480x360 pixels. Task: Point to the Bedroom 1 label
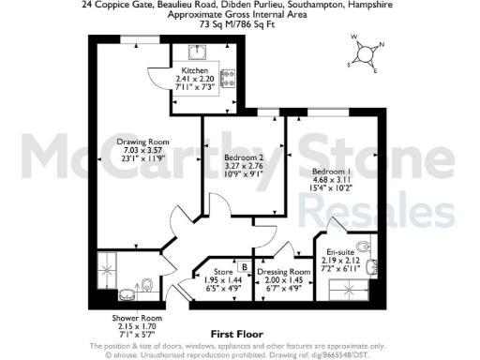[332, 172]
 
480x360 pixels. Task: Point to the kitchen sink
[199, 52]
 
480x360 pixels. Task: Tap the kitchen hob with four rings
[227, 78]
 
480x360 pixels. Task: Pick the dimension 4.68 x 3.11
[332, 181]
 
